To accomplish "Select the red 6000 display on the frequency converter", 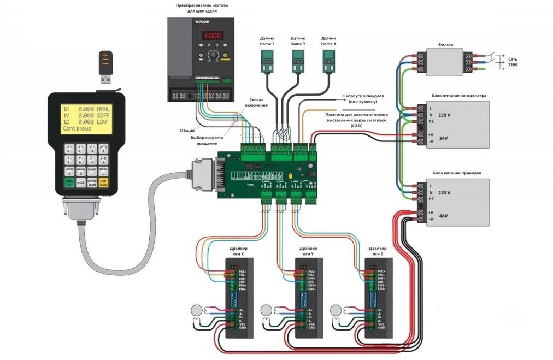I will pyautogui.click(x=213, y=36).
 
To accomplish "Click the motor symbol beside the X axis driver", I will pyautogui.click(x=196, y=310).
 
